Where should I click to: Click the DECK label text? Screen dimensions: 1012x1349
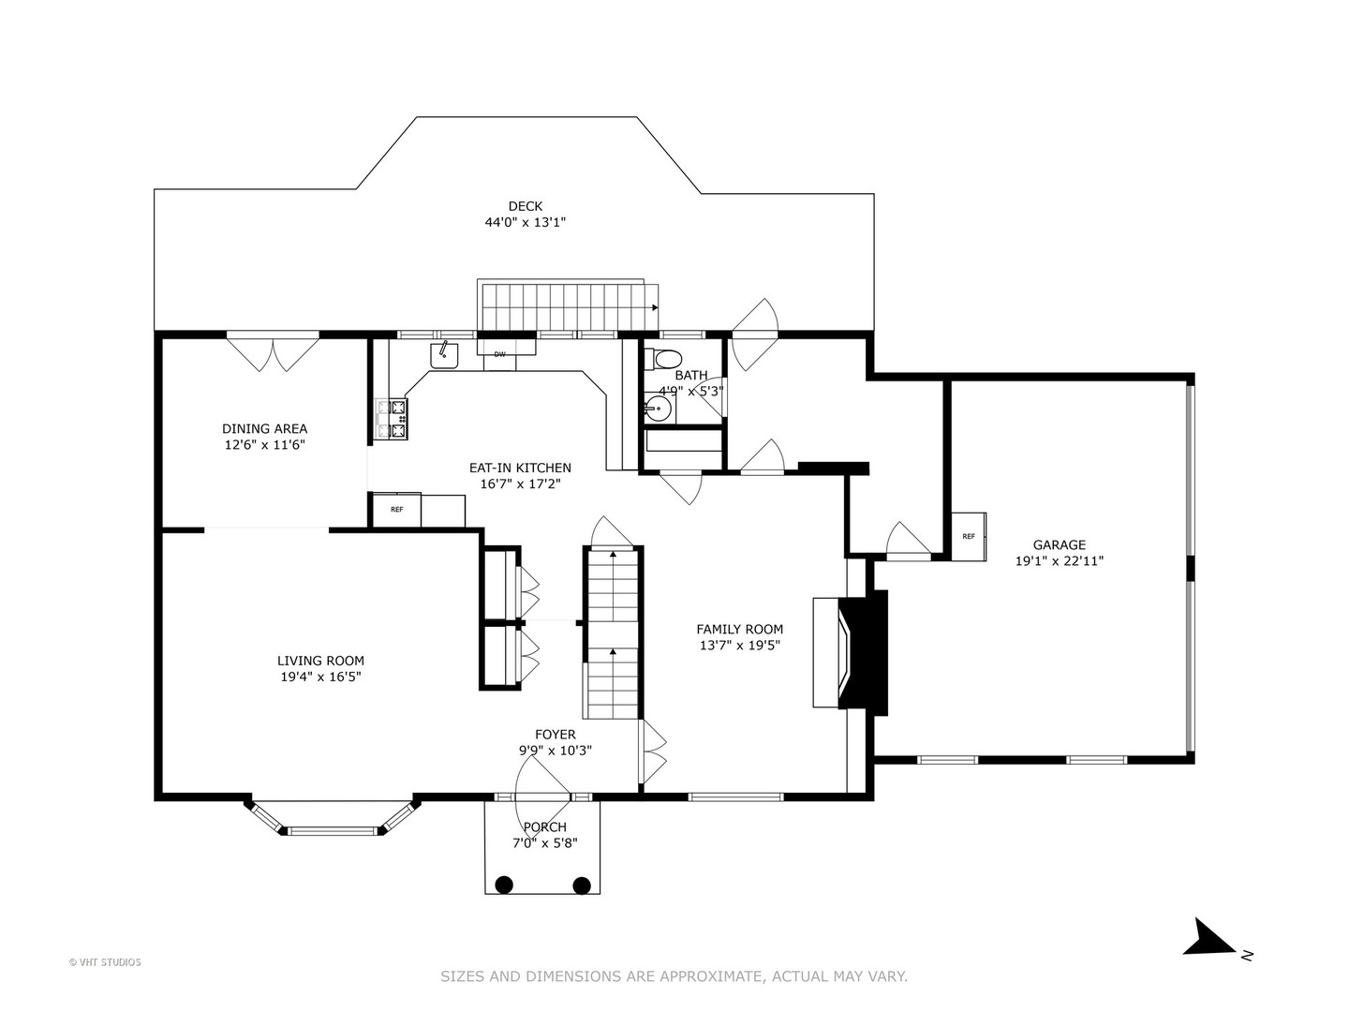[x=525, y=206]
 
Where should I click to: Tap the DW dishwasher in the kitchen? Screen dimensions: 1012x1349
[x=500, y=354]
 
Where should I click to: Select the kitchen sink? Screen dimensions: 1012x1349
[x=444, y=355]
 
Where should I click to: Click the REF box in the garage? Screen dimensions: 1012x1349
[x=969, y=537]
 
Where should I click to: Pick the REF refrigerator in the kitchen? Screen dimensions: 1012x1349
[x=396, y=510]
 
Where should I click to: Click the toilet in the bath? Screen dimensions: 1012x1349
[x=668, y=358]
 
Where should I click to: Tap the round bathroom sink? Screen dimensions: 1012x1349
[x=659, y=409]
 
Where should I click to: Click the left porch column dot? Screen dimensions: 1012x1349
[x=504, y=884]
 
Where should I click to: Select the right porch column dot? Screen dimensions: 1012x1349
[x=582, y=884]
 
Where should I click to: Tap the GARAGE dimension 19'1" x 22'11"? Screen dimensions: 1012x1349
[x=1060, y=561]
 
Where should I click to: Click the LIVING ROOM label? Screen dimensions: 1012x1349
[x=320, y=661]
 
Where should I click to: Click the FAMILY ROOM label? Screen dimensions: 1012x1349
[x=739, y=630]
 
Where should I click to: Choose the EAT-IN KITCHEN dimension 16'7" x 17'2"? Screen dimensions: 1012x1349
[x=520, y=484]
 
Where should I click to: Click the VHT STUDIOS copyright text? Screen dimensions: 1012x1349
[x=105, y=962]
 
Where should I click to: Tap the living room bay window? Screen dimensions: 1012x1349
[x=333, y=820]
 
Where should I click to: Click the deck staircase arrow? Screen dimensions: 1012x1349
[x=653, y=306]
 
